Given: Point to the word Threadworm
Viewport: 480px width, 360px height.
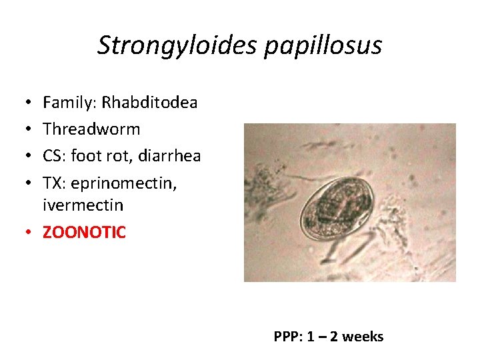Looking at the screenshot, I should click(91, 129).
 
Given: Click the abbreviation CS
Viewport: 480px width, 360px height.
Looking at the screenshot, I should click(53, 155).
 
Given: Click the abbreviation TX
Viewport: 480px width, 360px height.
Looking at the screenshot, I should click(53, 182).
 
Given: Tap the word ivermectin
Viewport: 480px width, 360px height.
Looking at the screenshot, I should click(83, 205).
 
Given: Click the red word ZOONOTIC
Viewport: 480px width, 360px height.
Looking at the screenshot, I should click(84, 232).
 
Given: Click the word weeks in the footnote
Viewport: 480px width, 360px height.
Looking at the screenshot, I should click(363, 337).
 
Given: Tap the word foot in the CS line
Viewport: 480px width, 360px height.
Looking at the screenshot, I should click(86, 155).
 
